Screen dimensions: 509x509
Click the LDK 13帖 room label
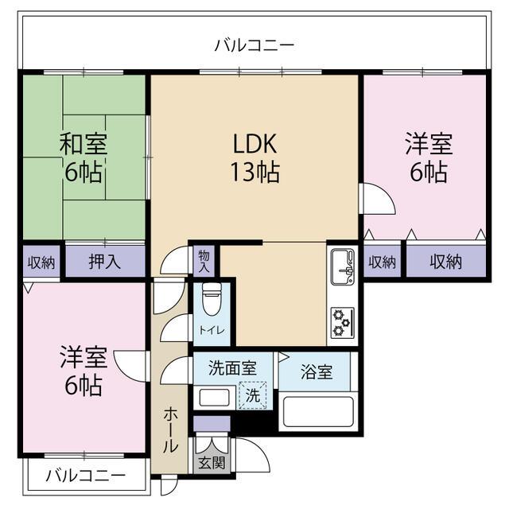[255, 157]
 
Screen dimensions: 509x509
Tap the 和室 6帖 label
[84, 157]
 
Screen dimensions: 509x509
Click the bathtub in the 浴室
[318, 412]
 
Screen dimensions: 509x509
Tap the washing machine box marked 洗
[253, 395]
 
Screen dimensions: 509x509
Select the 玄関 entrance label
[212, 462]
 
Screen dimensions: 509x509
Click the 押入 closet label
[105, 261]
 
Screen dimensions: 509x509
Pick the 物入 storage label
[204, 261]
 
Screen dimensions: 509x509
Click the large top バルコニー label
[254, 45]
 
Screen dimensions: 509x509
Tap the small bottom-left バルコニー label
[85, 476]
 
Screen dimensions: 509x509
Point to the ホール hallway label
[170, 430]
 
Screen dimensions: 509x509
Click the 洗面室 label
[233, 368]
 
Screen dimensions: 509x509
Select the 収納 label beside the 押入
[41, 262]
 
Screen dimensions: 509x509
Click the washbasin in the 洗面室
[214, 398]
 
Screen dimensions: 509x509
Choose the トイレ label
[212, 331]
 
